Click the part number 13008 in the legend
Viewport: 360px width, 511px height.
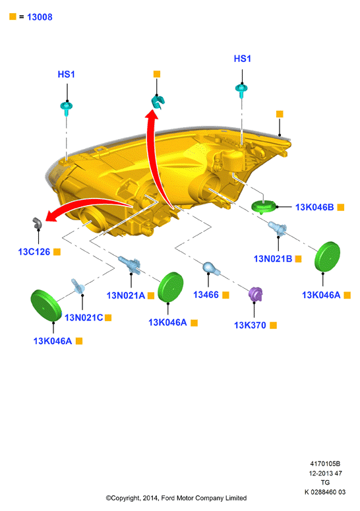coord(40,17)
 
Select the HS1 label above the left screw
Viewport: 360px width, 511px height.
coord(66,75)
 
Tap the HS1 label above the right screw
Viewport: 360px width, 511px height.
coord(243,59)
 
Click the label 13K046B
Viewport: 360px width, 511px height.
coord(315,207)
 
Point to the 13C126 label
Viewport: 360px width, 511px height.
coord(34,252)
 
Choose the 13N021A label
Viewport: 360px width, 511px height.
coord(126,295)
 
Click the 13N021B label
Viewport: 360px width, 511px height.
coord(273,258)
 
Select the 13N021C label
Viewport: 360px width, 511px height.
coord(84,317)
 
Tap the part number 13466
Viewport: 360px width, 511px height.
coord(206,295)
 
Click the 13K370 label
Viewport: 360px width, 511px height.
coord(250,325)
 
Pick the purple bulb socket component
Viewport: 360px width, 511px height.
coord(255,294)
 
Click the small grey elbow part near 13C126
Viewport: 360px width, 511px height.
coord(37,224)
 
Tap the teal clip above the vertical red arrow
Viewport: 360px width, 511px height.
coord(158,102)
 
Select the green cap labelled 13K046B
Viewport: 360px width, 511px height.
coord(264,207)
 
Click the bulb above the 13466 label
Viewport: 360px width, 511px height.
coord(211,268)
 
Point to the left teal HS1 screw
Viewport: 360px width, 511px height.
coord(67,108)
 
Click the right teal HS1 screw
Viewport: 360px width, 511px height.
coord(241,90)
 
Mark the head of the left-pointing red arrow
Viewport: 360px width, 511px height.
coord(51,216)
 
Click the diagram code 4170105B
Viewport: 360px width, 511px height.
coord(325,464)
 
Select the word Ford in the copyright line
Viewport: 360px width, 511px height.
coord(168,498)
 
